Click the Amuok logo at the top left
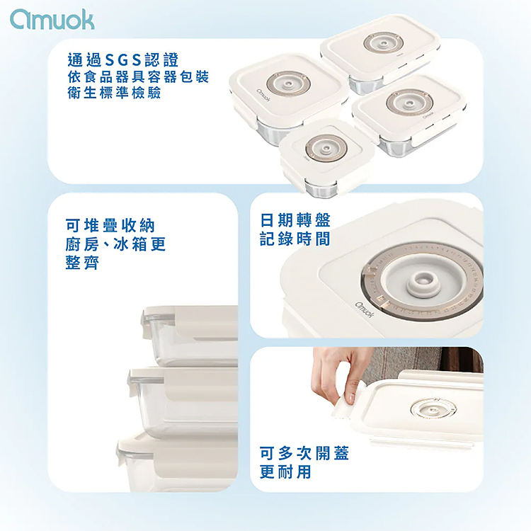point(52,20)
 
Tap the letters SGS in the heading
point(123,60)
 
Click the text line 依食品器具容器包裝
point(138,77)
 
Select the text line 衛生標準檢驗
point(114,93)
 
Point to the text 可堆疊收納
point(110,226)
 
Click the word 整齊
point(82,263)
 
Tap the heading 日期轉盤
point(295,220)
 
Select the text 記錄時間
point(295,239)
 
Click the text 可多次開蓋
point(304,453)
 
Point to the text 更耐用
point(285,472)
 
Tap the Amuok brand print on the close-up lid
point(365,309)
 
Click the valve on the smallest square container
point(326,149)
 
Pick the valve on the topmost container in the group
point(383,43)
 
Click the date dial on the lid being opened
point(433,409)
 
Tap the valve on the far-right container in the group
point(410,102)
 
